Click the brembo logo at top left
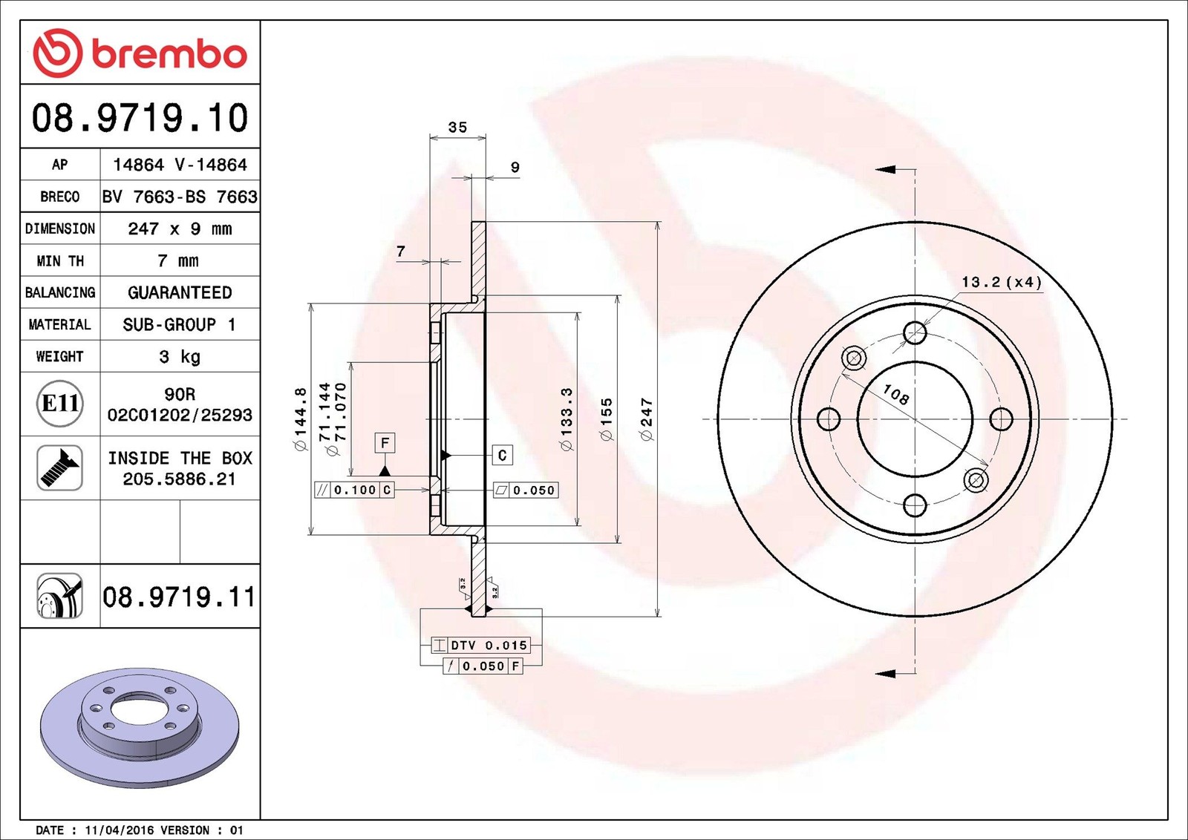(140, 53)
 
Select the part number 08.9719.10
(140, 118)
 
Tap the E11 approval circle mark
(60, 404)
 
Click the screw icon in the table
(60, 468)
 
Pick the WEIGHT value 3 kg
(180, 357)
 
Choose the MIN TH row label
(60, 260)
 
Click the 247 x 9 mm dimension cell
(180, 229)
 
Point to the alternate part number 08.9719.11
(179, 597)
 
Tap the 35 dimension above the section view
(457, 127)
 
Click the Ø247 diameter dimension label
(647, 419)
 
